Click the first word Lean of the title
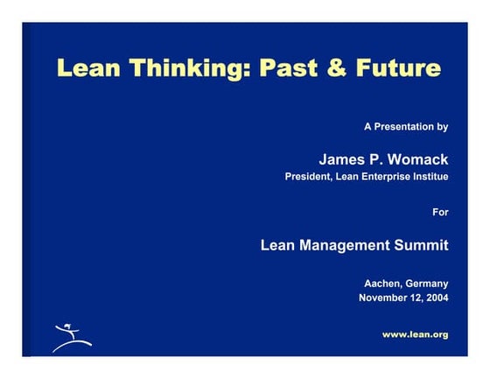pyautogui.click(x=88, y=68)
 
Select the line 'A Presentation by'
pyautogui.click(x=405, y=127)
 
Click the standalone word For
pyautogui.click(x=440, y=211)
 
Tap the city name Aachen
pyautogui.click(x=382, y=284)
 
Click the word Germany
pyautogui.click(x=427, y=284)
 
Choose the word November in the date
pyautogui.click(x=384, y=298)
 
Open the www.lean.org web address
pyautogui.click(x=415, y=334)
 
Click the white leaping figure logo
pyautogui.click(x=68, y=338)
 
